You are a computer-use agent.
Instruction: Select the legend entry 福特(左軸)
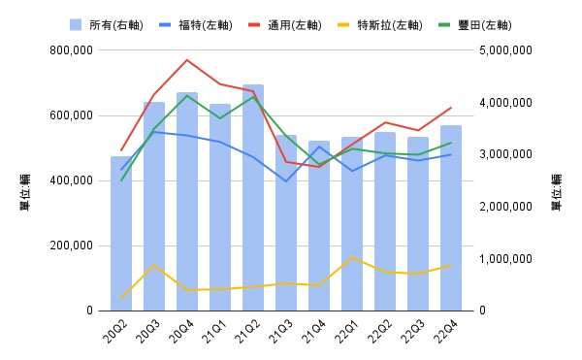coord(197,23)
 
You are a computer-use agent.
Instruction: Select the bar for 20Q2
coord(121,234)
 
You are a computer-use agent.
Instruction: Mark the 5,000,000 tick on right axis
coord(506,50)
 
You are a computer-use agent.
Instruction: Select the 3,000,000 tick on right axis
coord(506,154)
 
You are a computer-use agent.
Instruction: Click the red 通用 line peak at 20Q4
coord(187,60)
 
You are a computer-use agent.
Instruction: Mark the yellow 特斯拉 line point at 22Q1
coord(352,257)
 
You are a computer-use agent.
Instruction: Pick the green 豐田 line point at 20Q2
coord(121,180)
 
